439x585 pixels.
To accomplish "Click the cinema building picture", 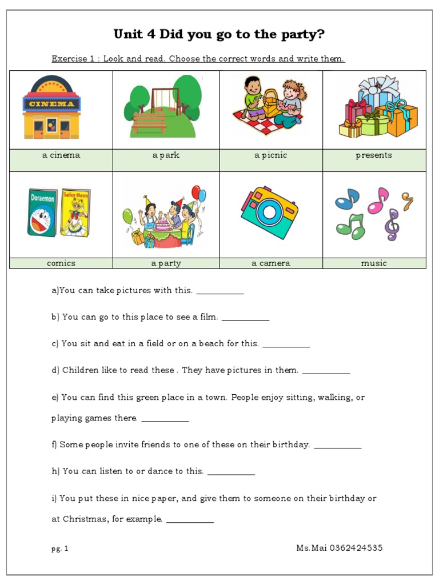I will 51,109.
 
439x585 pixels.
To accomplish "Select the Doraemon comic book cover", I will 43,213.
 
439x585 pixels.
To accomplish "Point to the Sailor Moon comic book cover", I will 75,212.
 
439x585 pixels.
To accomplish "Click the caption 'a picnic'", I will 271,155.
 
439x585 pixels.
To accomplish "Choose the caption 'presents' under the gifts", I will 374,155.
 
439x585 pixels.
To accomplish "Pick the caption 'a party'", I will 166,263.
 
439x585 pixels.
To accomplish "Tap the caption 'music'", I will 374,263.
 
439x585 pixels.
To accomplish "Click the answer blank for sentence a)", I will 220,291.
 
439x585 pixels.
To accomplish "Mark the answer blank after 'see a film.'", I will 245,318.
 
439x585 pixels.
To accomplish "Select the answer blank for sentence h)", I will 231,472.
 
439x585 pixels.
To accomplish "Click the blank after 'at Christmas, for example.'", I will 190,520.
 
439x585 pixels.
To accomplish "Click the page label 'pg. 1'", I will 59,548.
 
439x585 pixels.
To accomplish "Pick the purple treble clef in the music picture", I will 392,224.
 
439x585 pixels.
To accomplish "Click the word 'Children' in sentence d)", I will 81,371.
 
